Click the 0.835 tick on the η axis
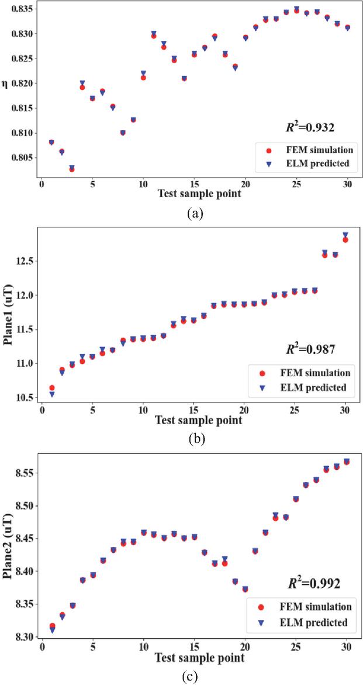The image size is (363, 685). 22,9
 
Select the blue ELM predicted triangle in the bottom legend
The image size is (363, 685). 262,622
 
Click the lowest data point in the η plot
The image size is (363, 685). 72,169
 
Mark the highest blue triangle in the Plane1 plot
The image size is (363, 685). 345,235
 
